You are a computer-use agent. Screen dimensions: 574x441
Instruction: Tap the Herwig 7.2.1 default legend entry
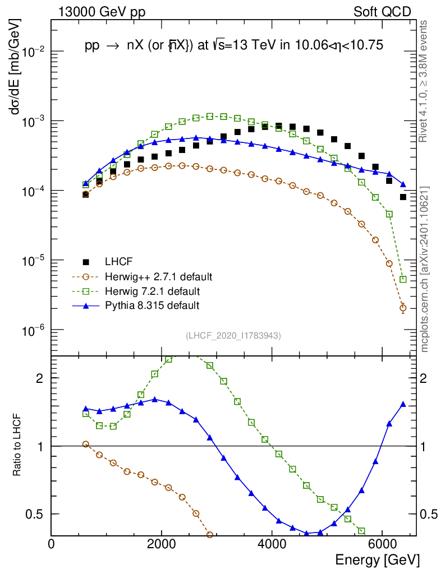[x=151, y=291]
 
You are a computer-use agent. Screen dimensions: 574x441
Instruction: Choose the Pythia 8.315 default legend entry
[x=151, y=305]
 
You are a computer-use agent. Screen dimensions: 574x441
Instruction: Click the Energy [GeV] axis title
[x=377, y=559]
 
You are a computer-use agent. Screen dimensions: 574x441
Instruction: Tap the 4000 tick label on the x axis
[x=272, y=544]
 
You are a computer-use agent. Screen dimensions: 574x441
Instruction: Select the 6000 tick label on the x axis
[x=382, y=544]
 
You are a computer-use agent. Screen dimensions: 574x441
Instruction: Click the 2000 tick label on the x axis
[x=162, y=544]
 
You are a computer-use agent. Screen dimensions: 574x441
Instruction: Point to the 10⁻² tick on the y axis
[x=35, y=52]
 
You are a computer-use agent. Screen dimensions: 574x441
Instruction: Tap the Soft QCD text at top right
[x=382, y=12]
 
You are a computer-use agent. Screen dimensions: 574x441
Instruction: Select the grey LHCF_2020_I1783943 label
[x=233, y=335]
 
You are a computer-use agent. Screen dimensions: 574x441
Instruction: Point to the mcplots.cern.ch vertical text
[x=425, y=269]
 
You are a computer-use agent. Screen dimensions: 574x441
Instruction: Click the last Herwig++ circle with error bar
[x=403, y=308]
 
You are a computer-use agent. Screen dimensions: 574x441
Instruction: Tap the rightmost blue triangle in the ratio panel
[x=403, y=404]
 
